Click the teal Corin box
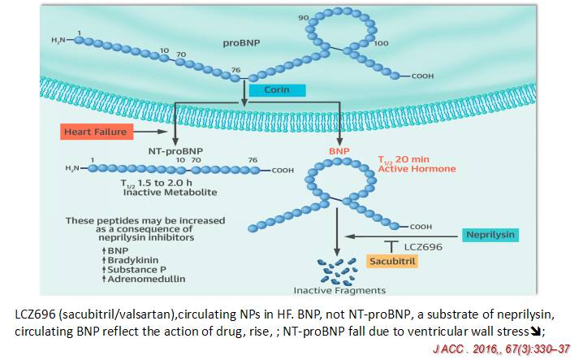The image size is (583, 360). tap(277, 90)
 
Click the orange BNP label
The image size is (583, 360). tap(339, 151)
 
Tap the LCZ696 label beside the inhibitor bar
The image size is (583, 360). tap(422, 245)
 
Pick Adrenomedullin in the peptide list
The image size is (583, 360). tap(124, 278)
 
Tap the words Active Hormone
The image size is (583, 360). tap(417, 169)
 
